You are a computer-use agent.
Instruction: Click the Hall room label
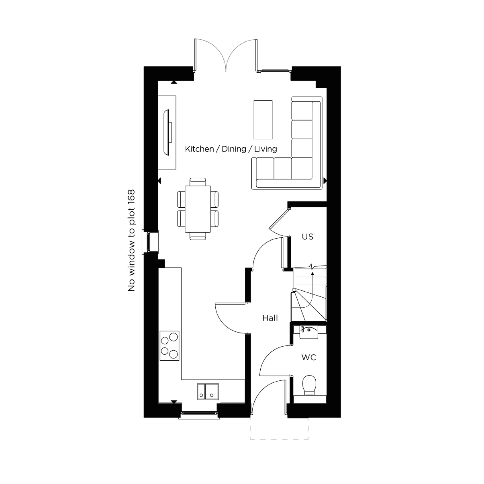click(x=270, y=318)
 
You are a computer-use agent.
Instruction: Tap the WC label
click(x=309, y=357)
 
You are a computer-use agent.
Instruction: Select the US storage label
click(x=307, y=237)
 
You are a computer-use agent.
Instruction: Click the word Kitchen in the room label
click(x=199, y=149)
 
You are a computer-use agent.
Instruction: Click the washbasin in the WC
click(x=309, y=332)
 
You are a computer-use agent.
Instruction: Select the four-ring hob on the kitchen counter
click(x=170, y=346)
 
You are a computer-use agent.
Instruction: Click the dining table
click(x=198, y=209)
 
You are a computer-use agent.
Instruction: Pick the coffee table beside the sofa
click(x=263, y=120)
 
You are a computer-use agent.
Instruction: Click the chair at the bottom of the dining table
click(x=198, y=236)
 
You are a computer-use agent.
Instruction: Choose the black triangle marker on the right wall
click(x=325, y=181)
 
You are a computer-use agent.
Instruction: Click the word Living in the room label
click(x=265, y=149)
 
